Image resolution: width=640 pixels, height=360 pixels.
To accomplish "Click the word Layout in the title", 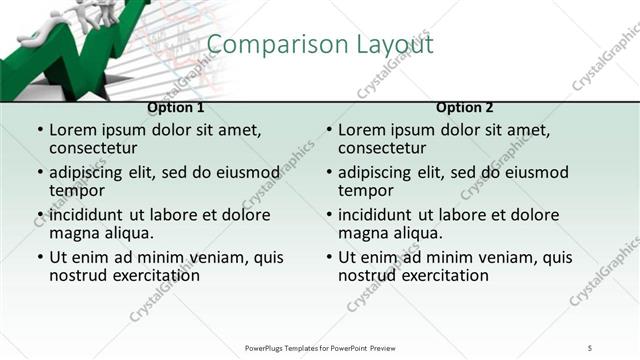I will tap(393, 45).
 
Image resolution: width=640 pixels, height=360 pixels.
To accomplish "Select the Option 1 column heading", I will tap(176, 107).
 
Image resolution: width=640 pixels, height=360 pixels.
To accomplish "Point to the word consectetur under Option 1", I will tap(98, 148).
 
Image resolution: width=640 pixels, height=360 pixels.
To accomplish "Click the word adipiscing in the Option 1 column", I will tap(93, 172).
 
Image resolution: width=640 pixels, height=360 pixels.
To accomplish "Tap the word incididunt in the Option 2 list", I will tap(377, 215).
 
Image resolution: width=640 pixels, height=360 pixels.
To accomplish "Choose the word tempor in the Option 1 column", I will tap(76, 190).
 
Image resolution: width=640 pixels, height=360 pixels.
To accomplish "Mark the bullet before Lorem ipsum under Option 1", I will tap(39, 130).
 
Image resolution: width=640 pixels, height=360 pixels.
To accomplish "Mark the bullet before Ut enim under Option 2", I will tap(328, 257).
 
